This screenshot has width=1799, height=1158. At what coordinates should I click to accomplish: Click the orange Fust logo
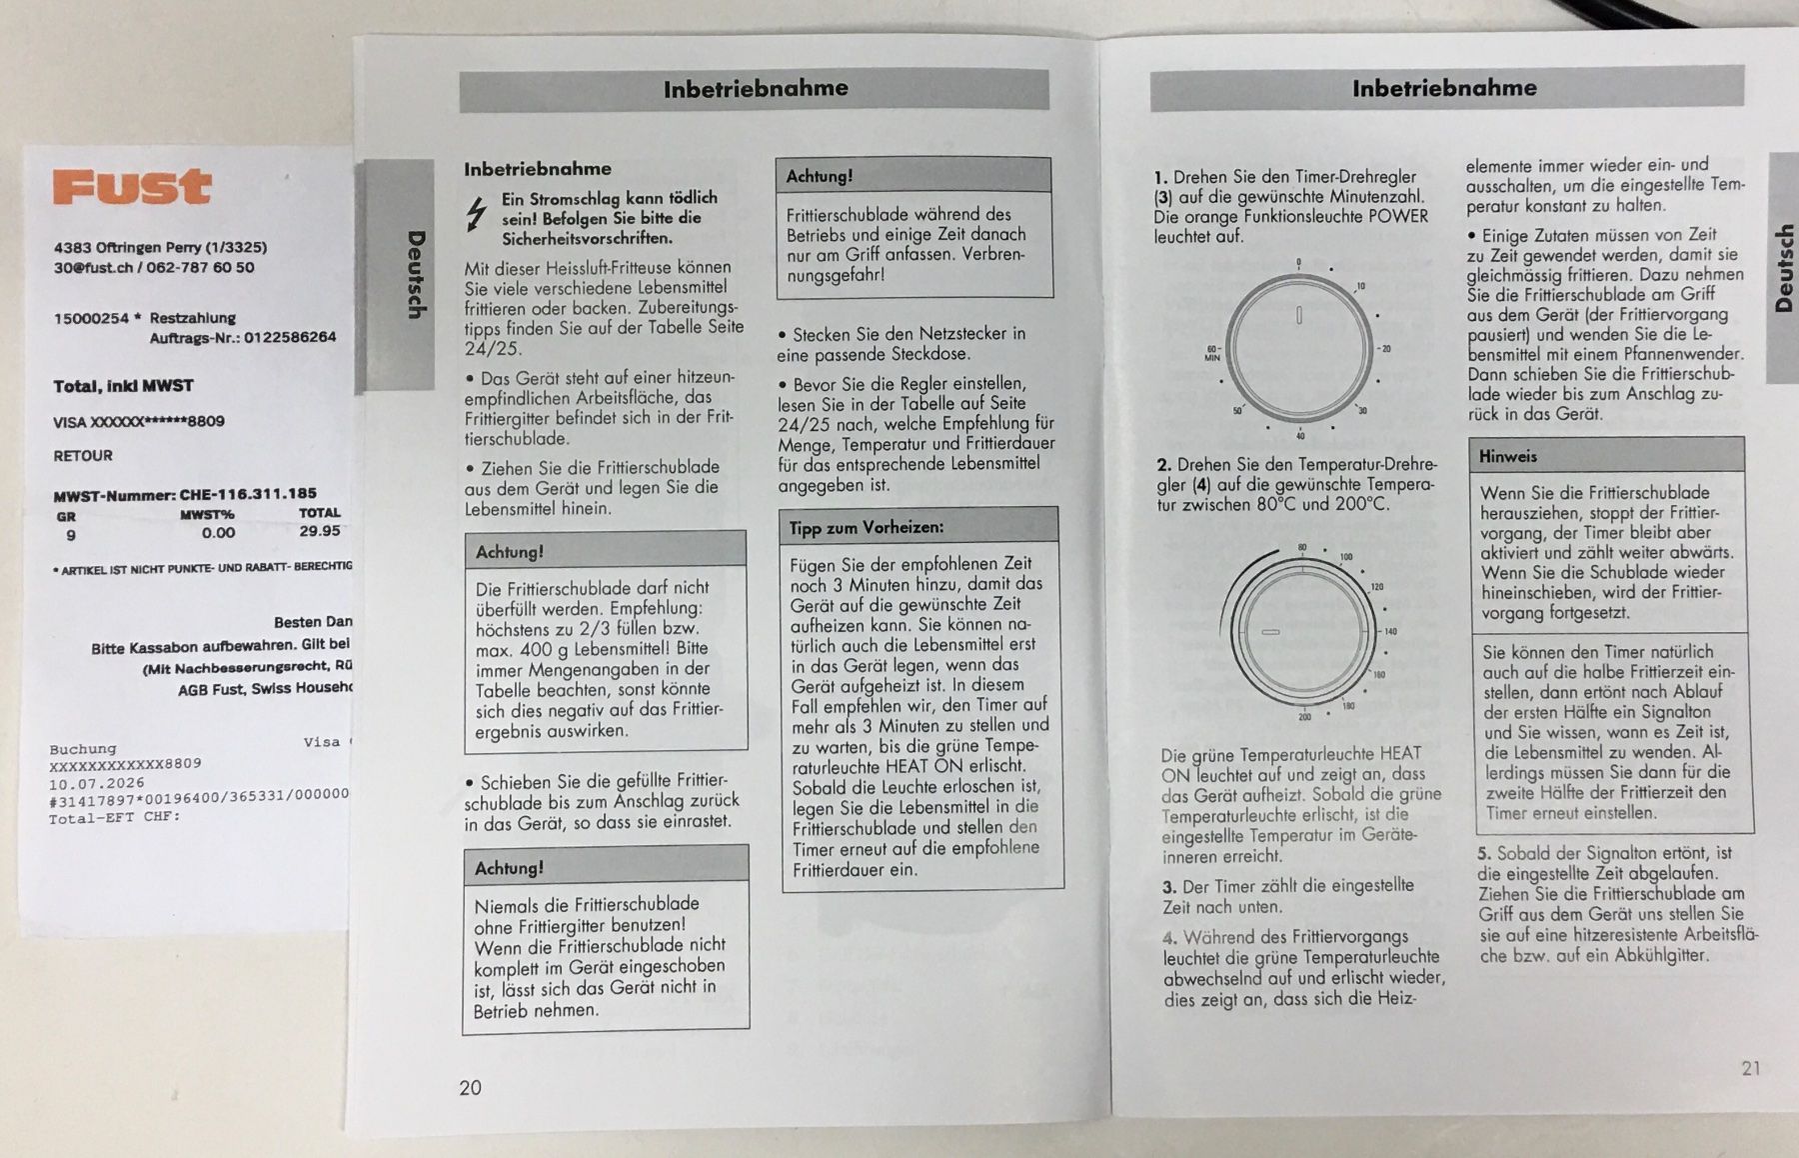click(132, 187)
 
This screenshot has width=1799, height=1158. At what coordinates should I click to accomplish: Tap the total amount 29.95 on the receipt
click(320, 531)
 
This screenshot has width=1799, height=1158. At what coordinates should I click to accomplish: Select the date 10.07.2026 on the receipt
click(97, 783)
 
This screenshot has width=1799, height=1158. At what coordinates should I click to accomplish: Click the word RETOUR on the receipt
click(83, 456)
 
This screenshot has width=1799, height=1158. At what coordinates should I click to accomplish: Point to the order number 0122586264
click(290, 337)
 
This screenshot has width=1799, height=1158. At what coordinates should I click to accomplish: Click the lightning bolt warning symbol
click(478, 214)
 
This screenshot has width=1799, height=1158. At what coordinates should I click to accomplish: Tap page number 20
click(470, 1088)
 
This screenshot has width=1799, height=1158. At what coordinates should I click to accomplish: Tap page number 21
click(1751, 1068)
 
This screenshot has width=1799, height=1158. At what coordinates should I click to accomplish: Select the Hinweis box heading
click(1508, 456)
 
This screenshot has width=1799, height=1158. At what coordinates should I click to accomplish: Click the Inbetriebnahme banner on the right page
click(1444, 88)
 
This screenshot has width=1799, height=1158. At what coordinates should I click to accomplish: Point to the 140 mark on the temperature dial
click(1390, 632)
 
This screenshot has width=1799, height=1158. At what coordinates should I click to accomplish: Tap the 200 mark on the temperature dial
click(1304, 717)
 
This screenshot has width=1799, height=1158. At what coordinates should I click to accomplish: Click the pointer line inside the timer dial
click(1299, 315)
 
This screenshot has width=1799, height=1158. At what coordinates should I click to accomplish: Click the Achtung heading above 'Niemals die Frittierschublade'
click(511, 868)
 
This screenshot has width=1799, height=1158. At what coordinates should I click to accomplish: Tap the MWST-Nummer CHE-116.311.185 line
click(185, 494)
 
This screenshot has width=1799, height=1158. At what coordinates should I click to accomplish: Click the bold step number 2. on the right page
click(1164, 465)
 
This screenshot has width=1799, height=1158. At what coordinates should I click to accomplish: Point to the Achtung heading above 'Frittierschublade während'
click(820, 176)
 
